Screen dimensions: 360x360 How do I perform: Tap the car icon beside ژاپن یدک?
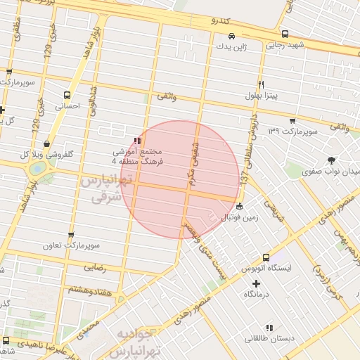coord(231,36)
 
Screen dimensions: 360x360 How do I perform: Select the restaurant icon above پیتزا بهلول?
coord(261,82)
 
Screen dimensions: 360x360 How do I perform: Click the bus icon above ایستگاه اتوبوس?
coord(266,257)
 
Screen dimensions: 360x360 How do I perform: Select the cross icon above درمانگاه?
coord(256,283)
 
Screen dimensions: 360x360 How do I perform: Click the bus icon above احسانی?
coord(67,95)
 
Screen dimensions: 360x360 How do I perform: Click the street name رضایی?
coord(94,267)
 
